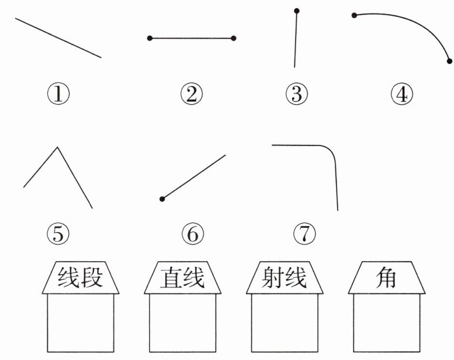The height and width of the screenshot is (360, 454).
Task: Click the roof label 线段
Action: [81, 278]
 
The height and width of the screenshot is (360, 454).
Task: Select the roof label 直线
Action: [183, 278]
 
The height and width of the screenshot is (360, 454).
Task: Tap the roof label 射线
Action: [285, 278]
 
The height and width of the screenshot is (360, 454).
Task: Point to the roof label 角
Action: [386, 278]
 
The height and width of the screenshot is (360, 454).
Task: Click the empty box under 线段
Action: [81, 323]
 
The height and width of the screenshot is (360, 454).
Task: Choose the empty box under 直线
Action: [183, 323]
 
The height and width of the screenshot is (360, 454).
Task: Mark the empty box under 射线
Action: [285, 323]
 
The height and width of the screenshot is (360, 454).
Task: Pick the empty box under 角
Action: [387, 323]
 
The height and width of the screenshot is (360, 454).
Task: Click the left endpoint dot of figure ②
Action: [150, 39]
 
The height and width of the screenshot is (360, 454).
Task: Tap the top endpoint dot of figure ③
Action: [297, 11]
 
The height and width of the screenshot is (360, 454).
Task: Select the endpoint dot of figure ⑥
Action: [162, 199]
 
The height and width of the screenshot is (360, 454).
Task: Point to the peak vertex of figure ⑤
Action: [57, 147]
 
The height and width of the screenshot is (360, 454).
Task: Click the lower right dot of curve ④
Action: [449, 61]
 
